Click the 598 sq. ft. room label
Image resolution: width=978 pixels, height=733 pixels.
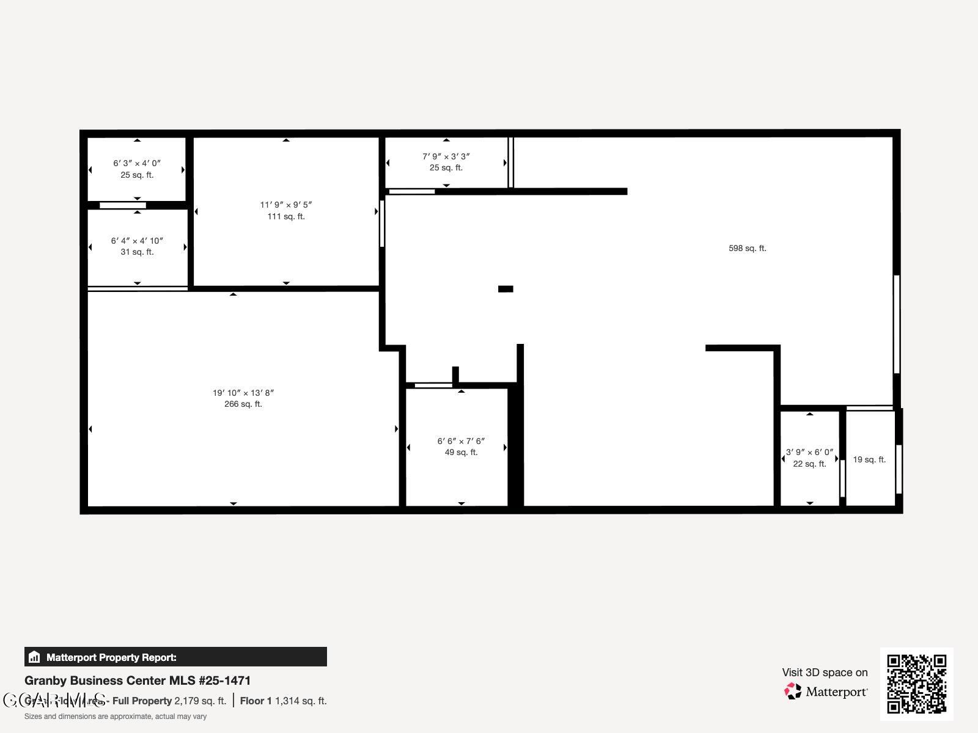pyautogui.click(x=747, y=248)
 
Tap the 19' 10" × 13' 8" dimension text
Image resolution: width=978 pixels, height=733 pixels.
pyautogui.click(x=243, y=393)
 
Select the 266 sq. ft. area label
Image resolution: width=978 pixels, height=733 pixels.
pyautogui.click(x=243, y=404)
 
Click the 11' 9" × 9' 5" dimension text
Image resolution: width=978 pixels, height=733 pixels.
pyautogui.click(x=286, y=205)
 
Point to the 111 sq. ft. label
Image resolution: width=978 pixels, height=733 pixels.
pyautogui.click(x=286, y=217)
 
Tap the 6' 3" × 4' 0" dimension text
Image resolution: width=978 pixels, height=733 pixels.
pyautogui.click(x=137, y=163)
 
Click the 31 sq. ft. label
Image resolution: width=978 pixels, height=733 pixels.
pyautogui.click(x=137, y=252)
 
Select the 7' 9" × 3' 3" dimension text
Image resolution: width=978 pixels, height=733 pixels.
pyautogui.click(x=446, y=156)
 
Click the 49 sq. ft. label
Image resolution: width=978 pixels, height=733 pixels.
pyautogui.click(x=461, y=453)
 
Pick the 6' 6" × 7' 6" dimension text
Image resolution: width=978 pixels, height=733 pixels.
pyautogui.click(x=461, y=441)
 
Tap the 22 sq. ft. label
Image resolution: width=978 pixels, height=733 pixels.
pyautogui.click(x=809, y=464)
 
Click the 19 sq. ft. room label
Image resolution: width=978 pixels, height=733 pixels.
pyautogui.click(x=869, y=459)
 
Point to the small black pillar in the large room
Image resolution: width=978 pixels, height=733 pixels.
pyautogui.click(x=506, y=289)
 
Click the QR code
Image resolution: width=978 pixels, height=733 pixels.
pyautogui.click(x=916, y=684)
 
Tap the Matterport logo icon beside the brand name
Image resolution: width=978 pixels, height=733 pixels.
pyautogui.click(x=793, y=691)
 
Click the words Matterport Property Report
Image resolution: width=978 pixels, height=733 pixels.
pyautogui.click(x=111, y=657)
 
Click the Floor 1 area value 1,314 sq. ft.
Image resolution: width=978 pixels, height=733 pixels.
pyautogui.click(x=301, y=701)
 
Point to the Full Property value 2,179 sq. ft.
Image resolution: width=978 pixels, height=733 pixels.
pyautogui.click(x=200, y=701)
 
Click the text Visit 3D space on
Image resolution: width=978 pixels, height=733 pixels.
pyautogui.click(x=825, y=673)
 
